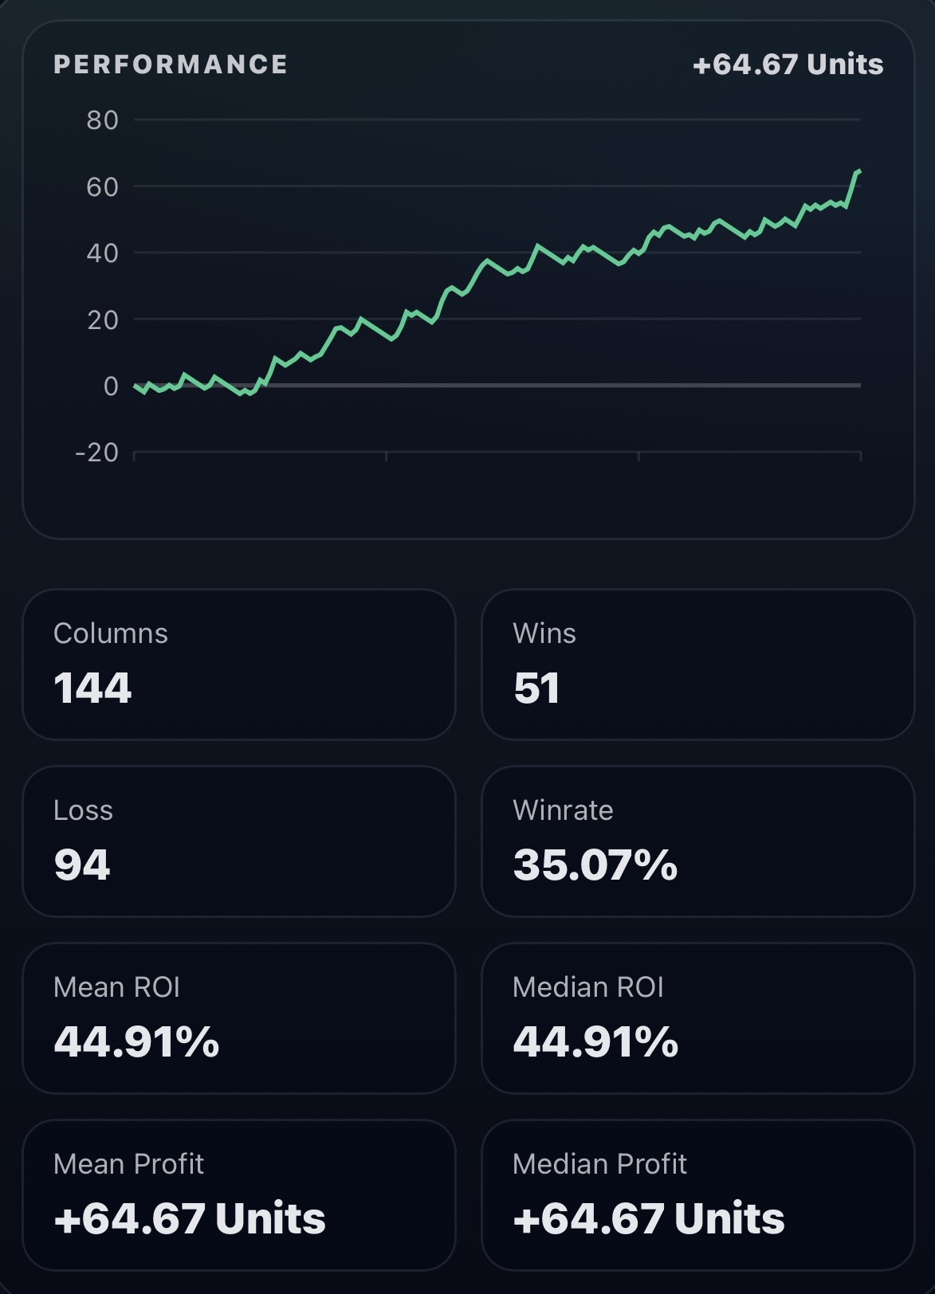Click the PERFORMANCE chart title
pos(171,65)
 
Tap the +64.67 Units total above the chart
pos(788,65)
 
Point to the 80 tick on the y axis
pos(102,120)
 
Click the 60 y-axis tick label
pos(102,187)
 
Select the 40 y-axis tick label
pos(102,253)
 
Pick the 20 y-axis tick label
pos(102,320)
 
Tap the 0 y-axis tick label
pos(111,386)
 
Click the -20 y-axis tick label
pos(96,453)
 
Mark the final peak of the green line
pos(858,171)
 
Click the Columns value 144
pos(92,688)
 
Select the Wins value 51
pos(536,688)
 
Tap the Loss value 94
pos(82,865)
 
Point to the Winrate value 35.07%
pos(595,865)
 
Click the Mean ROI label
pos(116,987)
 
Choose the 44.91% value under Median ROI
pos(595,1041)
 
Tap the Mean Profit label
pos(128,1164)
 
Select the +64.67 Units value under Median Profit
pos(649,1218)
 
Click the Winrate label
pos(563,810)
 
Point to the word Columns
pos(111,633)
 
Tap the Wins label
pos(544,633)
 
